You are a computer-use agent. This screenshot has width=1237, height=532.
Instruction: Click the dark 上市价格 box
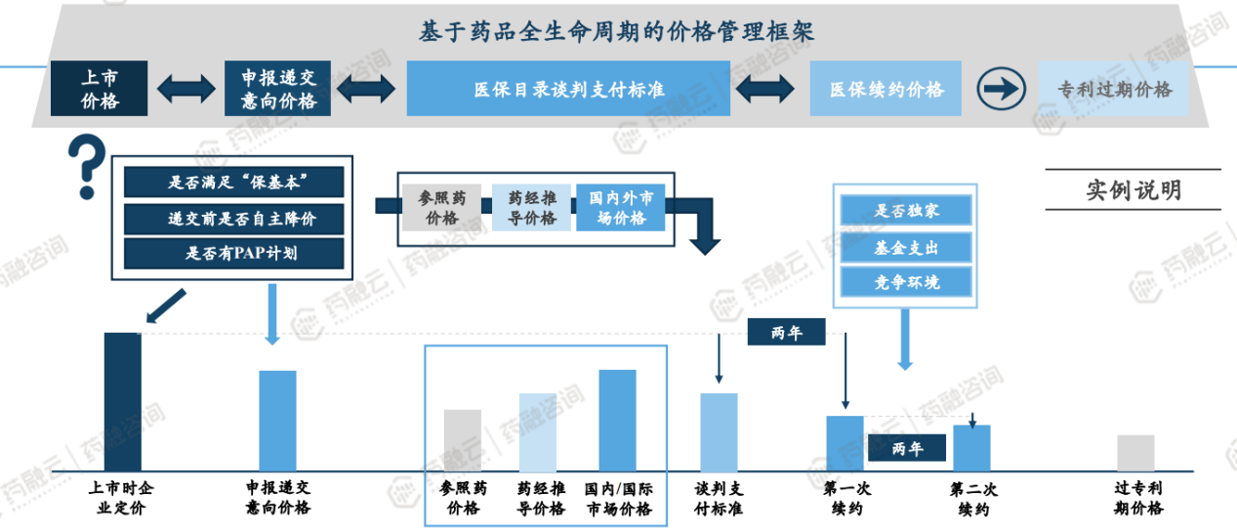click(x=99, y=88)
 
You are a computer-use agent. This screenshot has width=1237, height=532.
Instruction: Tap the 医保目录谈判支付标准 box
click(x=568, y=89)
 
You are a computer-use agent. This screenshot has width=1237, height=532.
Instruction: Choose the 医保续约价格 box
click(x=886, y=89)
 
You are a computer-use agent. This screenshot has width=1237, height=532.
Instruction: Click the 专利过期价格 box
click(x=1114, y=89)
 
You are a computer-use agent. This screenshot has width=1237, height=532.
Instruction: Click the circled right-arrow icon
click(x=999, y=89)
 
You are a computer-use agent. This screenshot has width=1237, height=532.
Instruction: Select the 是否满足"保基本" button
click(x=234, y=182)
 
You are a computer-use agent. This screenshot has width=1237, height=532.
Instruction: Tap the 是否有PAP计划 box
click(x=234, y=254)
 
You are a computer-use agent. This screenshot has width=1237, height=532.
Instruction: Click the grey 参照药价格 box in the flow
click(x=442, y=207)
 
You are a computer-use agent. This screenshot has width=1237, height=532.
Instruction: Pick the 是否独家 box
click(x=907, y=210)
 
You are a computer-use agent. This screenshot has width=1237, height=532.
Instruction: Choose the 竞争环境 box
click(x=907, y=283)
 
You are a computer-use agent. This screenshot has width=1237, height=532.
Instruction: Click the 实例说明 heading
click(x=1133, y=189)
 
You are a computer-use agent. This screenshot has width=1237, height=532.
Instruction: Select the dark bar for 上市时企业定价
click(x=123, y=401)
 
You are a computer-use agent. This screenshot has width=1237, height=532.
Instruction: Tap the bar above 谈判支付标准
click(x=719, y=431)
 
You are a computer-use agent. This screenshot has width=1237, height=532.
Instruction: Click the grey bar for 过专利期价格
click(x=1135, y=453)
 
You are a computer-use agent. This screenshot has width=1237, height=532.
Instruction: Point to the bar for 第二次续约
click(x=971, y=448)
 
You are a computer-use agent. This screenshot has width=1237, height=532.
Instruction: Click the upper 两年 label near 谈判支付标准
click(x=786, y=332)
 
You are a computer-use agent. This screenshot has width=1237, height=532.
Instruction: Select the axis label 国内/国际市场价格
click(x=619, y=498)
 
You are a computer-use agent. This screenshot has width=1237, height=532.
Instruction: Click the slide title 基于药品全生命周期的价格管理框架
click(x=617, y=31)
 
